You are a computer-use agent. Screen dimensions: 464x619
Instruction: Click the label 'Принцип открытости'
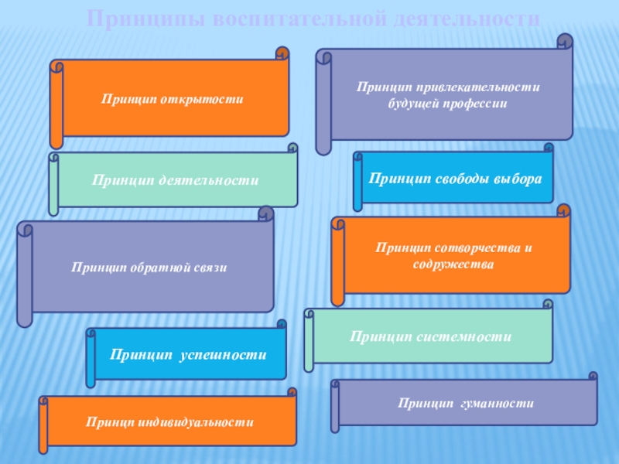172,99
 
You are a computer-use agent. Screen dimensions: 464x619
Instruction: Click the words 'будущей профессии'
446,104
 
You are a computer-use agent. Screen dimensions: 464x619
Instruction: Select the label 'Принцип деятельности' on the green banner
176,179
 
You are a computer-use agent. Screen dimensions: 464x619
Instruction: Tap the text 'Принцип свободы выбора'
455,179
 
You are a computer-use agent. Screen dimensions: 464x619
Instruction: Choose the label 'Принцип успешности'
188,354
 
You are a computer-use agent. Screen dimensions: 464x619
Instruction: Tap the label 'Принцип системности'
431,337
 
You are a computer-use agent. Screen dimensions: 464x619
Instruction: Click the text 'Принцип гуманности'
466,404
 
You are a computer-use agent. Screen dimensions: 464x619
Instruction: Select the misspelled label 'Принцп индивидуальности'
170,422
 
